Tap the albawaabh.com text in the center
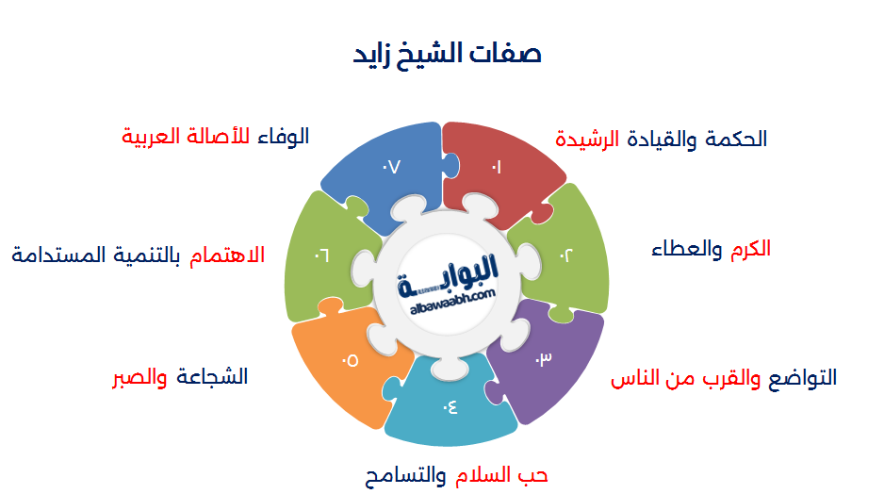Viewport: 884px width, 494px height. pyautogui.click(x=453, y=297)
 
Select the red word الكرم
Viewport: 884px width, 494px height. pyautogui.click(x=749, y=248)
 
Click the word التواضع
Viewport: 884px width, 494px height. pyautogui.click(x=800, y=378)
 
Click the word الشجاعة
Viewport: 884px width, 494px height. pyautogui.click(x=212, y=376)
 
